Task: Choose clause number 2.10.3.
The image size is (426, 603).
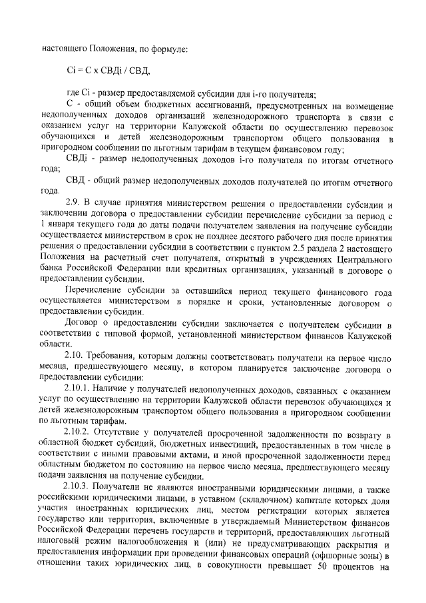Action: click(79, 490)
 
